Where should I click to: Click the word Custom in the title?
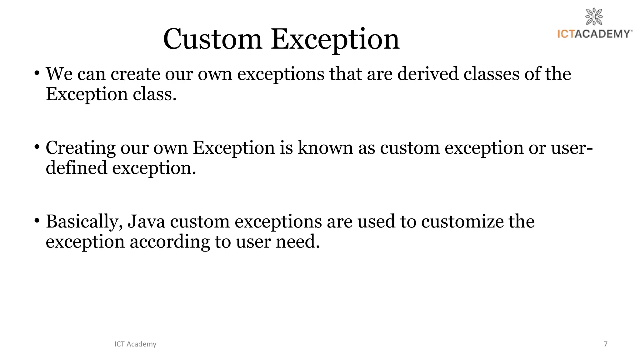coord(212,39)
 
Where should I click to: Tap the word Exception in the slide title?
coord(335,40)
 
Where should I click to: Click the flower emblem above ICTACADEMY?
coord(594,17)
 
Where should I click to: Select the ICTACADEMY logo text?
coord(595,34)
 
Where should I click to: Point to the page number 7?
coord(606,344)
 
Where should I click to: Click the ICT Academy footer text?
coord(135,344)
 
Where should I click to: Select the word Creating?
coord(81,148)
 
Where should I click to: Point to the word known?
coord(325,147)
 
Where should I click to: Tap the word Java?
coord(146,222)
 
